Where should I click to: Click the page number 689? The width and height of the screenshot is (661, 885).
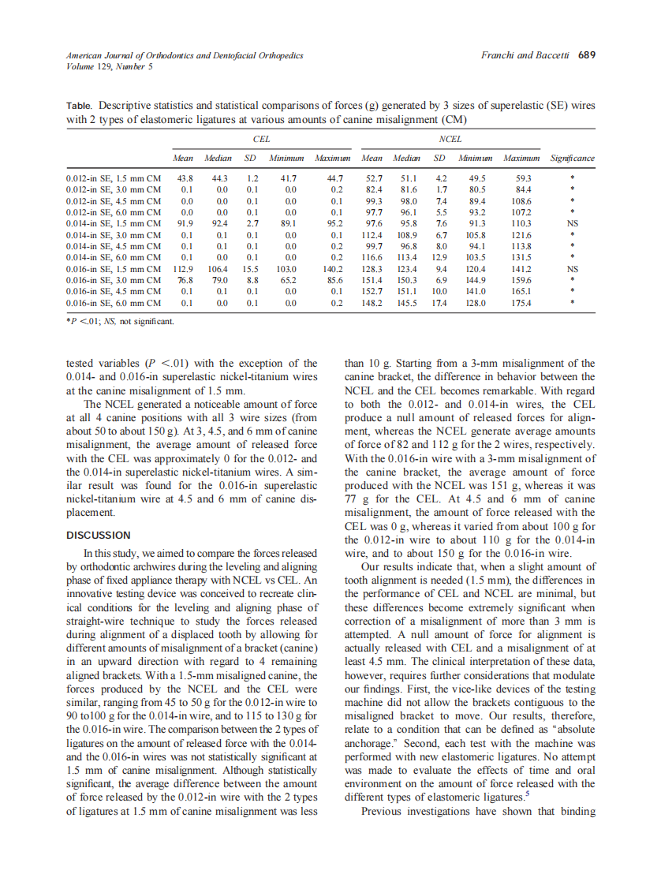coord(586,56)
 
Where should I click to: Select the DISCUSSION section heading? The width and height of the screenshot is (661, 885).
coord(99,535)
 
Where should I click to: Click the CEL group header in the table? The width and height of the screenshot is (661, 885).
coord(260,139)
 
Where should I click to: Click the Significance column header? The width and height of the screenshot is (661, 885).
coord(573,158)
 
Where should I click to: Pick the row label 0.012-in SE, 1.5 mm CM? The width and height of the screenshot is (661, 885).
coord(114,179)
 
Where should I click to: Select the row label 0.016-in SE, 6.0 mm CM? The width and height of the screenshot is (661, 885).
coord(114,302)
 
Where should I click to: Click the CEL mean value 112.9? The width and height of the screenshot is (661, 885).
coord(184,268)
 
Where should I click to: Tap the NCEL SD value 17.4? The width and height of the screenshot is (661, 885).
coord(442,302)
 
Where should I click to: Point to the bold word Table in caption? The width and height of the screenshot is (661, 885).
coord(79,105)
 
